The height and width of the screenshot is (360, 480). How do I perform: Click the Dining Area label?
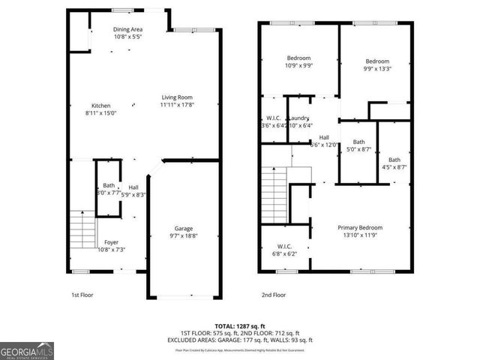point(128,29)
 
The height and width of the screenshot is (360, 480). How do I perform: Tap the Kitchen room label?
point(101,106)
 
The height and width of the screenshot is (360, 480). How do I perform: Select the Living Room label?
point(178,97)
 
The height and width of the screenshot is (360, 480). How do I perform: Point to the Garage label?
point(184,228)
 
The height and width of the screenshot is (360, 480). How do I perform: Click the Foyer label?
point(111,241)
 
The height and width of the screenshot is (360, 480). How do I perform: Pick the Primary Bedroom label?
point(360,228)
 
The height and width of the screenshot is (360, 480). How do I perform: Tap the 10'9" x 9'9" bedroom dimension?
point(298,65)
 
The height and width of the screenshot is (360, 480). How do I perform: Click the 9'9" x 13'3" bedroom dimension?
point(377,69)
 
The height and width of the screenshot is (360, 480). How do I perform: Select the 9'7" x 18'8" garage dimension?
point(184,235)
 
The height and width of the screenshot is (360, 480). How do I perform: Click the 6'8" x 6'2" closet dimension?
point(284,253)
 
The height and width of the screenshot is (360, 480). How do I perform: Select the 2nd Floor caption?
point(274,295)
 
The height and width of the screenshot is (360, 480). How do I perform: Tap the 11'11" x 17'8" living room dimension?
point(178,105)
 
